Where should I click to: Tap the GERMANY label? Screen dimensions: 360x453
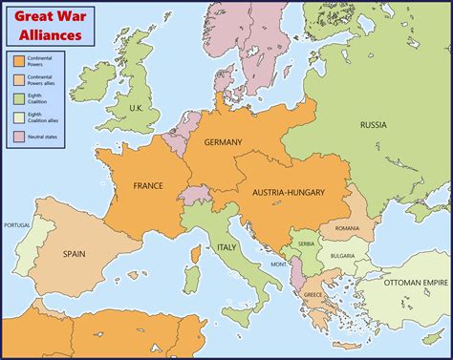[x=223, y=142]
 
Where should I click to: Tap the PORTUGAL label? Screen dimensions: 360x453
[x=17, y=225]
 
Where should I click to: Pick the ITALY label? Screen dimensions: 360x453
[x=226, y=247]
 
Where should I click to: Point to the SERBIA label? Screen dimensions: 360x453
[x=304, y=244]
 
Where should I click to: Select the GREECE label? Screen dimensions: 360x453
[x=313, y=295]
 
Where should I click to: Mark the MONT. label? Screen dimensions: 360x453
[x=280, y=265]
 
